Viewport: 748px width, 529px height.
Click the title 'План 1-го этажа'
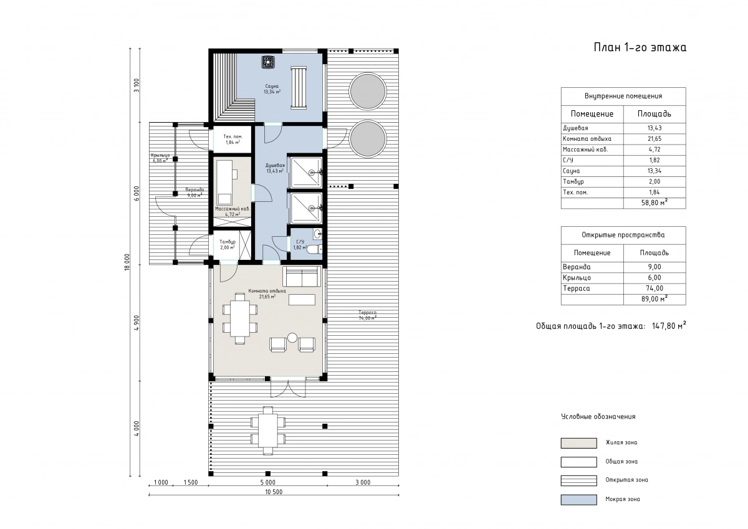[x=640, y=47]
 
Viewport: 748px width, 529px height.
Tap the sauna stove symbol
[x=268, y=62]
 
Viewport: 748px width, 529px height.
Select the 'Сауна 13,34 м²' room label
[x=272, y=89]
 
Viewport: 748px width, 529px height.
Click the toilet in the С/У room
[x=315, y=249]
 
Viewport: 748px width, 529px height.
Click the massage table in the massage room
[x=224, y=182]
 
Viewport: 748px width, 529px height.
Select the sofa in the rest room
[x=302, y=277]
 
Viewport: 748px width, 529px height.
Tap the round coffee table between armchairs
[x=292, y=338]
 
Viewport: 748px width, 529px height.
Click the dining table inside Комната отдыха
[x=239, y=319]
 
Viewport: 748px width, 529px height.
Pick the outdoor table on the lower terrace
[x=268, y=430]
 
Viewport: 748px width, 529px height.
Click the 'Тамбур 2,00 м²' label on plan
[x=228, y=245]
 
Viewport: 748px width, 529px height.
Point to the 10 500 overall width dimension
[x=274, y=492]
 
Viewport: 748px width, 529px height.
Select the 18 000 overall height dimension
[x=127, y=262]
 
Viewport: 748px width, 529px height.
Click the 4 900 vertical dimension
[x=137, y=323]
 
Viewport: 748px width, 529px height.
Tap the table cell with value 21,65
[x=654, y=139]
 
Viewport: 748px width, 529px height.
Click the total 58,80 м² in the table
[x=654, y=203]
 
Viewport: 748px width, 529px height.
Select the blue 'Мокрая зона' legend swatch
[x=578, y=500]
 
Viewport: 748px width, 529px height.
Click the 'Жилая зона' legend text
[x=621, y=442]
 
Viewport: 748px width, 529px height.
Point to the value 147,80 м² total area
[x=669, y=326]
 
